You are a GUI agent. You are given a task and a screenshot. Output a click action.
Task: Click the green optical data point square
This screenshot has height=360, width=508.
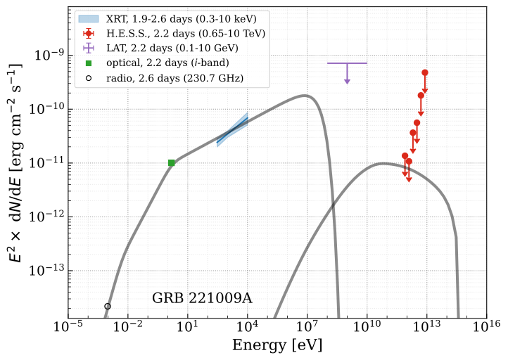tap(172, 162)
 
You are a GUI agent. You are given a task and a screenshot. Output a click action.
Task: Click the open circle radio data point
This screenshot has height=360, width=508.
tap(108, 306)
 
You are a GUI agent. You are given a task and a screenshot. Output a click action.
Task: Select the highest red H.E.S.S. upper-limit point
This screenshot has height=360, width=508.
tap(425, 72)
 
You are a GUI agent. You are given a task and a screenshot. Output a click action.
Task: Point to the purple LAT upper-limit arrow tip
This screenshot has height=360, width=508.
tap(347, 82)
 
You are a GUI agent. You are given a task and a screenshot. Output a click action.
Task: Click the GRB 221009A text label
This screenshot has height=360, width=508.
tap(202, 298)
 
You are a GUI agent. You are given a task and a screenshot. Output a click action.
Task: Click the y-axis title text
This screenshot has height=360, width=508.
tap(15, 162)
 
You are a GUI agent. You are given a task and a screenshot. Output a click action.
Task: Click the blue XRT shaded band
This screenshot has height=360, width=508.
tap(232, 130)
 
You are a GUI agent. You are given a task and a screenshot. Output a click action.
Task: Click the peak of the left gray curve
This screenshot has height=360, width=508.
tap(305, 96)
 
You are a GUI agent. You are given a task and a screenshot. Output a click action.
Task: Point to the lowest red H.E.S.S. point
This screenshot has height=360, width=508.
tap(409, 161)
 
